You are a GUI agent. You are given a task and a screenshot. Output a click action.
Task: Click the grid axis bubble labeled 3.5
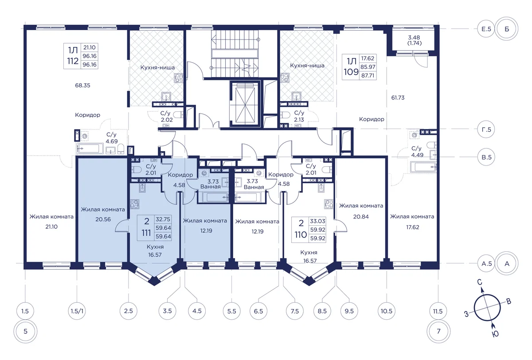(168, 311)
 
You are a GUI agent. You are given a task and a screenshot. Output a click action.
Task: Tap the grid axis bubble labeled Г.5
(486, 129)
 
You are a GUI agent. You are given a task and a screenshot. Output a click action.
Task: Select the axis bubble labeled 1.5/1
(77, 311)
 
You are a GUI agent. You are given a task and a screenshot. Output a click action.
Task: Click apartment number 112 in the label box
(73, 61)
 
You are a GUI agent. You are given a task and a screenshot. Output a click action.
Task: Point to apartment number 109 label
(351, 72)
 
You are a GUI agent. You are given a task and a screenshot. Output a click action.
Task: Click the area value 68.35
(82, 86)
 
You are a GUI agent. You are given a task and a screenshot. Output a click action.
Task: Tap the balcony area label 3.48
(414, 38)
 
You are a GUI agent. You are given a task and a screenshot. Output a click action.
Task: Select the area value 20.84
(361, 217)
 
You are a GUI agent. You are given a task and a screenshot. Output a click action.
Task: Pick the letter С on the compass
(480, 282)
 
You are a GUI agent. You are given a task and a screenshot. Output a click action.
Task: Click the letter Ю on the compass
(495, 334)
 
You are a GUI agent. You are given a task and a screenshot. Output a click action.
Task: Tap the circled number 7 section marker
(438, 331)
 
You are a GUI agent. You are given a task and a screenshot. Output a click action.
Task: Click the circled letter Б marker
(507, 29)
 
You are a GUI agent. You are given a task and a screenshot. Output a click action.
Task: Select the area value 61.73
(398, 98)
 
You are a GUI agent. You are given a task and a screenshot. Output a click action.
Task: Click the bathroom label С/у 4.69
(111, 138)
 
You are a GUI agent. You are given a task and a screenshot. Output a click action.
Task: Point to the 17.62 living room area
(413, 227)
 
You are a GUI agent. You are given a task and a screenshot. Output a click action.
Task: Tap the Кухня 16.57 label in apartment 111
(155, 251)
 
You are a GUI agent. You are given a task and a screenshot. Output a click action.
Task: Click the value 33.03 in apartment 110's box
(317, 221)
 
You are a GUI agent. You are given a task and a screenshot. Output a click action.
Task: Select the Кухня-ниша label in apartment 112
(157, 67)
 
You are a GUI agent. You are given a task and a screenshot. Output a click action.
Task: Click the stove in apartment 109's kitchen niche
(285, 78)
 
